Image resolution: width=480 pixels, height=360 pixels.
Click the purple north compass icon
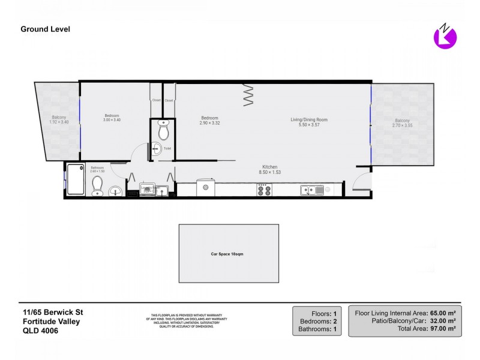(445, 38)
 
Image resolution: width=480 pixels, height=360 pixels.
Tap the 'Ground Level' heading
(45, 29)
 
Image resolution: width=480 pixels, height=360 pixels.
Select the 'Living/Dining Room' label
(309, 120)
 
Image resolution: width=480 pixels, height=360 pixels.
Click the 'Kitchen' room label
(269, 167)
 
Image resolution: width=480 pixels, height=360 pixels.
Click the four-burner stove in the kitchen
(264, 190)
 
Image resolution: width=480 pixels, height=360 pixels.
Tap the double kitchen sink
(312, 190)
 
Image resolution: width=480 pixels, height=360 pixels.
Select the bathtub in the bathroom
(76, 179)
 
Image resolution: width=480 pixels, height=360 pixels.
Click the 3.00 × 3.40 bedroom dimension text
(112, 120)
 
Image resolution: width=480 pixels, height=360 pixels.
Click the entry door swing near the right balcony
(362, 180)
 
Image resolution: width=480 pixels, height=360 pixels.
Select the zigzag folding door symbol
(249, 95)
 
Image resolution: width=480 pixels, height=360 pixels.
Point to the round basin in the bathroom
(116, 191)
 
